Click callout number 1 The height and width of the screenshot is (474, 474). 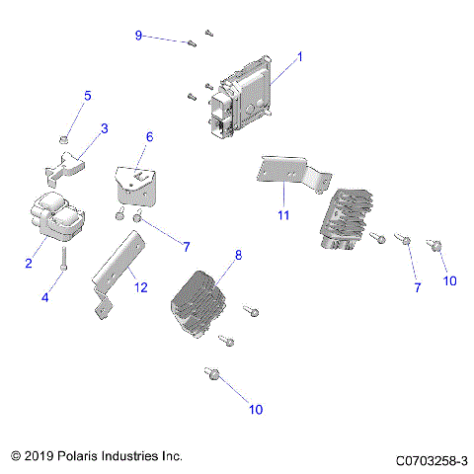point(299,56)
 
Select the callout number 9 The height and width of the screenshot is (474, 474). point(139,36)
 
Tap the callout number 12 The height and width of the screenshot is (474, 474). point(140,287)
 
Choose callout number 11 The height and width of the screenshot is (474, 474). point(282,214)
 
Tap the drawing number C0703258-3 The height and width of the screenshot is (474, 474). point(431,459)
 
